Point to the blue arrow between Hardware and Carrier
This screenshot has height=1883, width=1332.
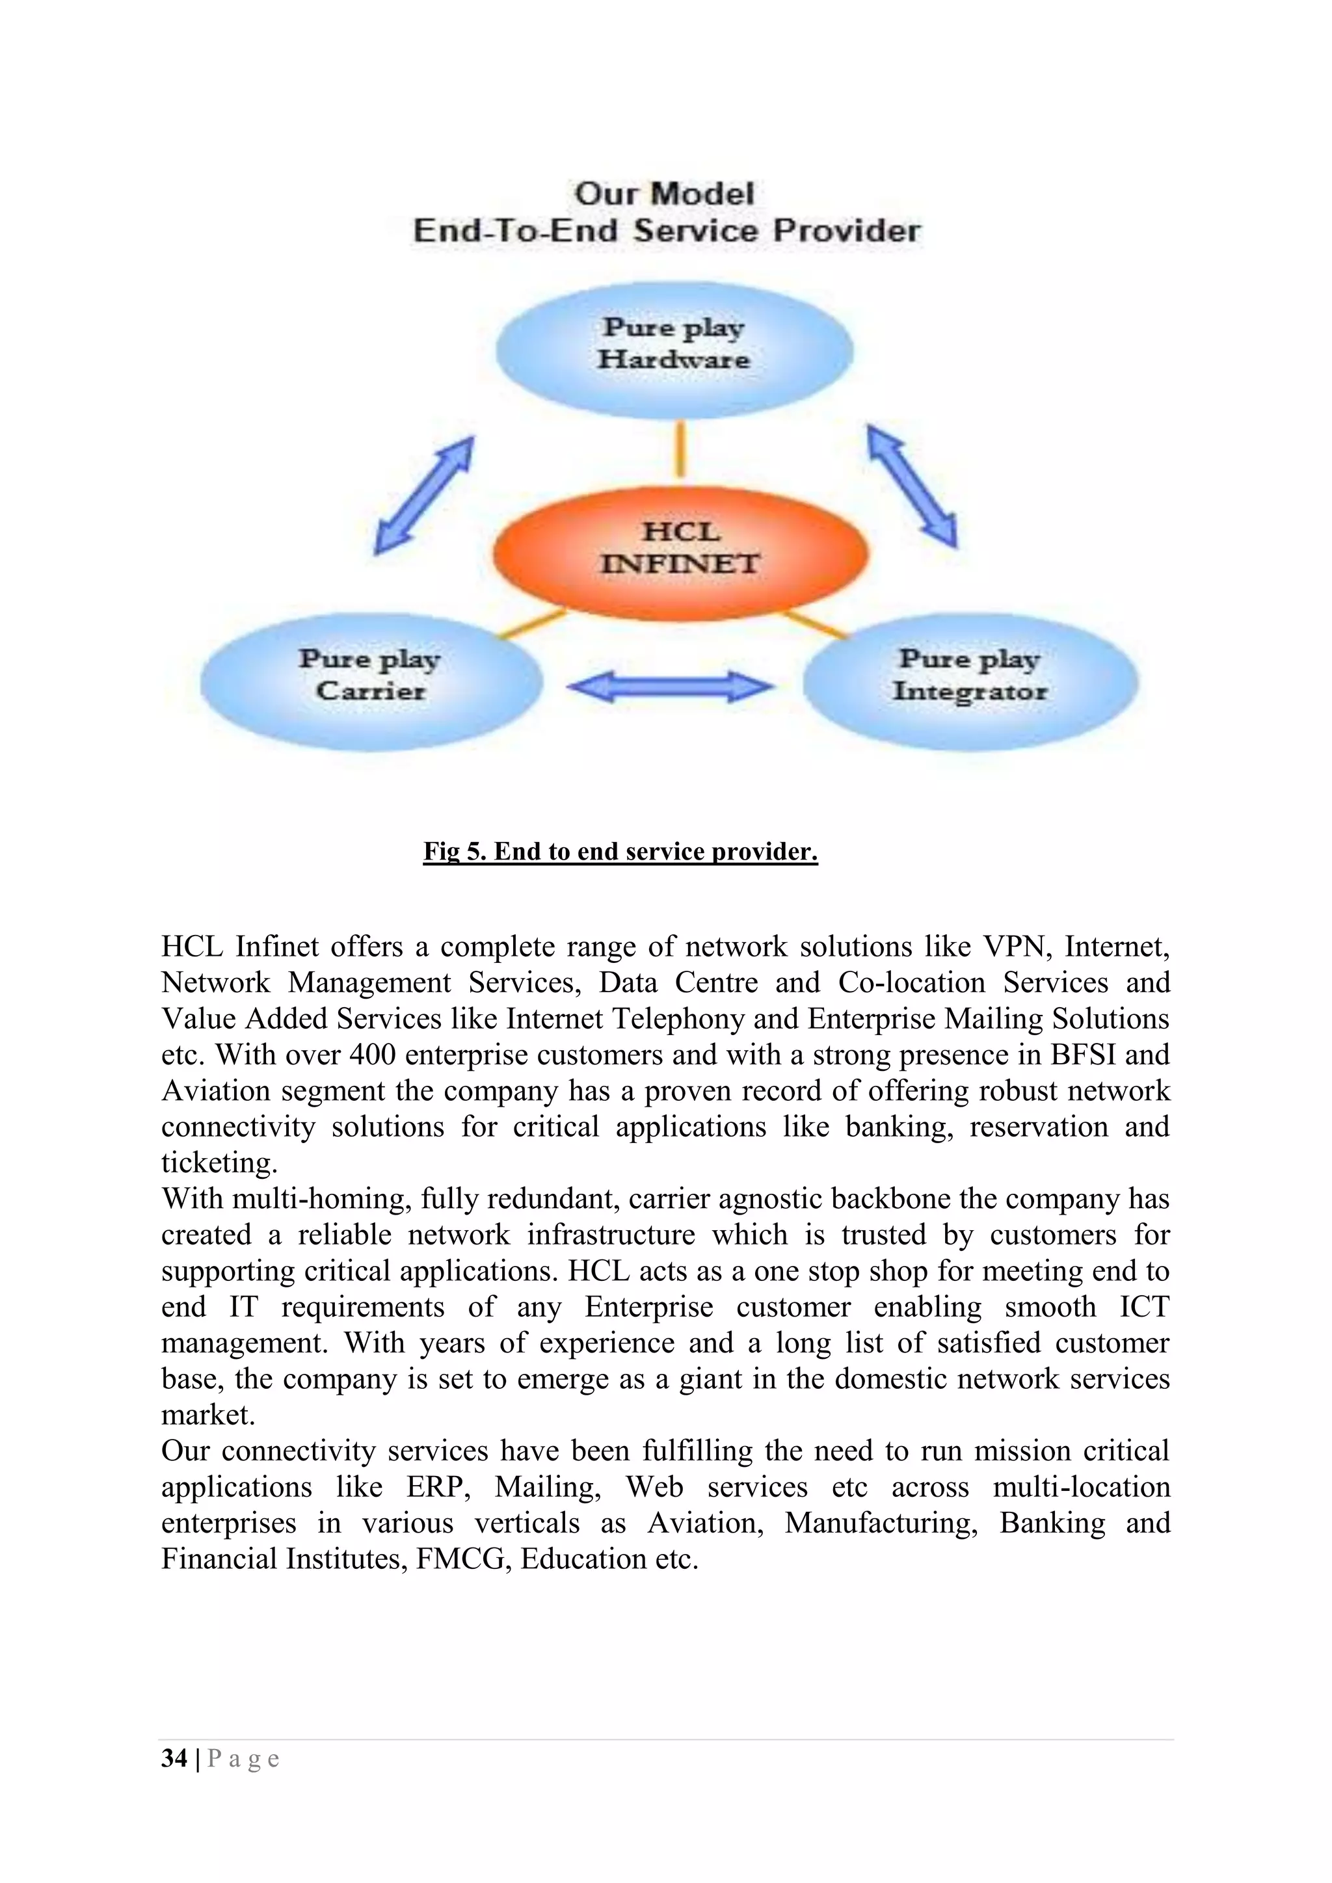423,495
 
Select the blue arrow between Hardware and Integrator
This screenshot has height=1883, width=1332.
912,486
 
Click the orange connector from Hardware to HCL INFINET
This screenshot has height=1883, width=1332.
680,449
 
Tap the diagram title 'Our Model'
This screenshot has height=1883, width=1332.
664,194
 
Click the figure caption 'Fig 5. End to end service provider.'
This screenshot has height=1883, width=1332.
620,851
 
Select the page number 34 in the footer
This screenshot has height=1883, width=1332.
174,1758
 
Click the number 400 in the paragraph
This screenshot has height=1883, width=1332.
373,1055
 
